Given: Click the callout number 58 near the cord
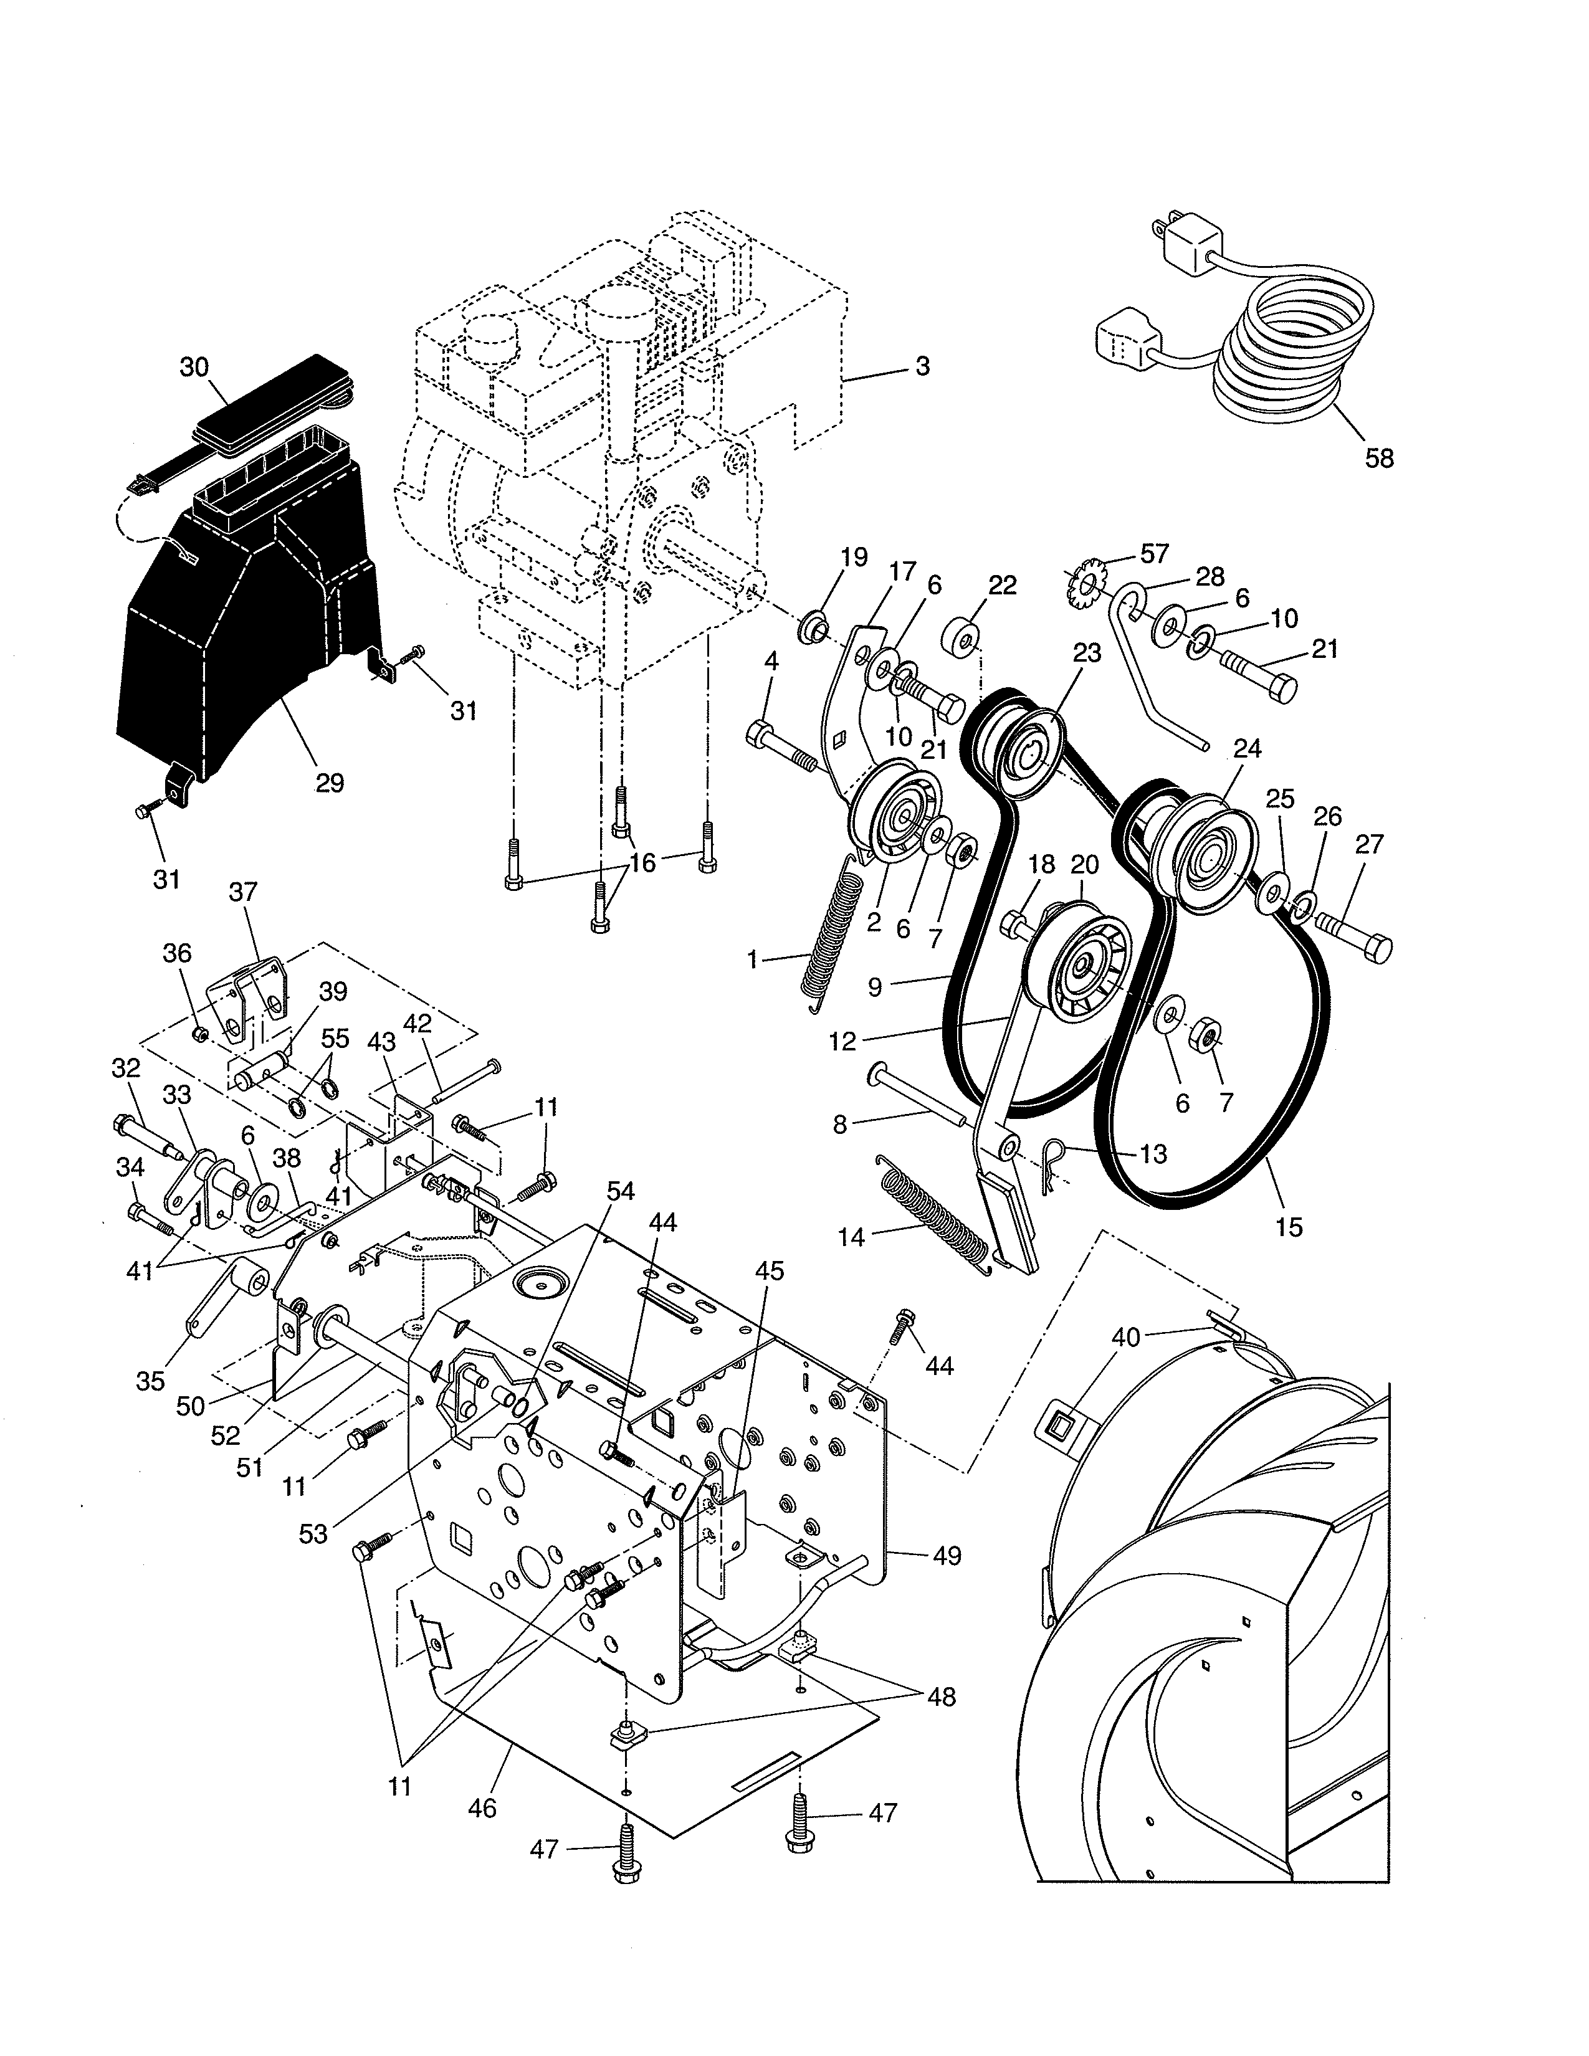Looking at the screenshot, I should pyautogui.click(x=1379, y=459).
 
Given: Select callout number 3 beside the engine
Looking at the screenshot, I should pyautogui.click(x=922, y=366).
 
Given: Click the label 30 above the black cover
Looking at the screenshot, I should pyautogui.click(x=194, y=367).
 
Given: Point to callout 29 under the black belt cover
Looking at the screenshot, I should pyautogui.click(x=330, y=783).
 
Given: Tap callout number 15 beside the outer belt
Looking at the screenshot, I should pyautogui.click(x=1288, y=1227).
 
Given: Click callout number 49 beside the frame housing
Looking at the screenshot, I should pyautogui.click(x=947, y=1556).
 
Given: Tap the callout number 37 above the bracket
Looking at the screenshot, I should pyautogui.click(x=243, y=892).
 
